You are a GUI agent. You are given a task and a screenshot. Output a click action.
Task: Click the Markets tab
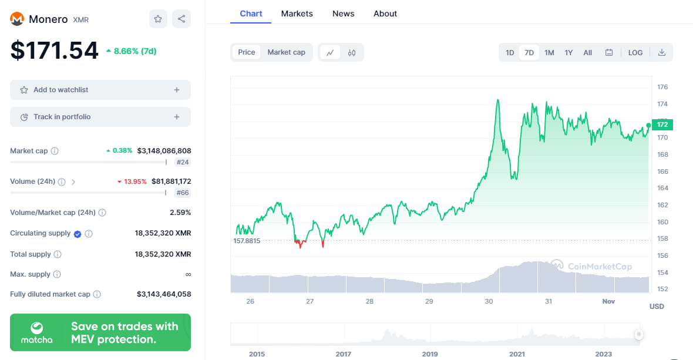(x=297, y=14)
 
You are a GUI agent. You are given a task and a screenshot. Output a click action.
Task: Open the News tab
(x=343, y=14)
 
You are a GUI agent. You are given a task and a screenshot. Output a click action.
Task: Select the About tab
(x=385, y=14)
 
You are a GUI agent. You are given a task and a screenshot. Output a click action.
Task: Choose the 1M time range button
(x=549, y=53)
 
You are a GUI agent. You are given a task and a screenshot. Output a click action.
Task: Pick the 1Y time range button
(x=568, y=53)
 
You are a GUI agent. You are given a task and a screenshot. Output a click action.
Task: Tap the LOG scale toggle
(x=635, y=53)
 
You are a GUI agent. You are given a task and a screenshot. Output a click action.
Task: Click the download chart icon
(x=662, y=53)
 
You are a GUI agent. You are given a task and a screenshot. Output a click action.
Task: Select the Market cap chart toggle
(x=286, y=52)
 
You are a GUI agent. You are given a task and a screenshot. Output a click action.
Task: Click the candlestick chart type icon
(x=352, y=53)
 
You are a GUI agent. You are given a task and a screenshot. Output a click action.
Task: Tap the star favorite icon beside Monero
(x=158, y=19)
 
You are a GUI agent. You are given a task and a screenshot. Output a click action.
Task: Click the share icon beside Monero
(x=181, y=19)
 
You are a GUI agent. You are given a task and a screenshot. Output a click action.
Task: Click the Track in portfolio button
(x=100, y=117)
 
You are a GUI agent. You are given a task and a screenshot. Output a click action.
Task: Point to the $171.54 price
(x=55, y=51)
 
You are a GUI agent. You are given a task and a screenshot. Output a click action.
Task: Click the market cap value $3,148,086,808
(x=164, y=151)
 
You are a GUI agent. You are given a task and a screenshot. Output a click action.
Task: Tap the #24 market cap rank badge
(x=183, y=162)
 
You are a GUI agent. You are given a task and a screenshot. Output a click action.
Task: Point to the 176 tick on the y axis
(x=662, y=87)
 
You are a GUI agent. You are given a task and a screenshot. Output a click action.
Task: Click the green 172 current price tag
(x=662, y=125)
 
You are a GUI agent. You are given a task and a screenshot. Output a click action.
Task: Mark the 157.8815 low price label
(x=247, y=241)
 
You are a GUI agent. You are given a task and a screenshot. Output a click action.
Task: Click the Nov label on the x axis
(x=608, y=301)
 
